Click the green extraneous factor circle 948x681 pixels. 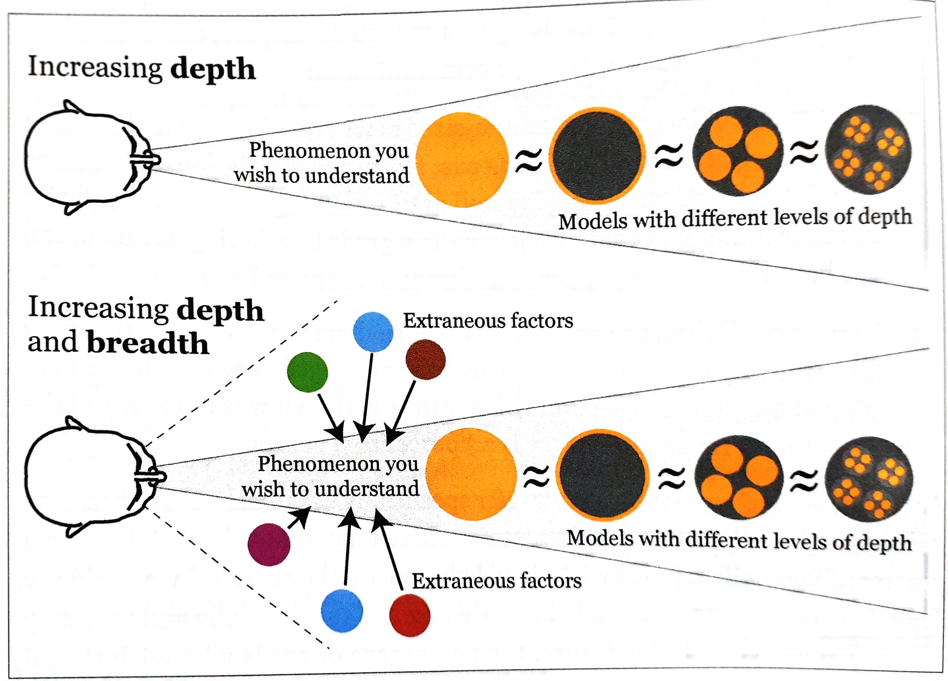click(x=307, y=372)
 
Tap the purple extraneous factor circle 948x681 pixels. click(x=269, y=544)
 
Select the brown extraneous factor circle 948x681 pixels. click(x=426, y=360)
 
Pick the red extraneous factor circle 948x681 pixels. click(x=410, y=615)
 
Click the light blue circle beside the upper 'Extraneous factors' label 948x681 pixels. click(x=373, y=332)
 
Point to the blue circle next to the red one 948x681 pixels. click(x=342, y=611)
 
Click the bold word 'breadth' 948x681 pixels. click(x=147, y=344)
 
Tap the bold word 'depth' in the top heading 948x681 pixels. click(x=213, y=69)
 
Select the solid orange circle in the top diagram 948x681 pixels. click(x=462, y=160)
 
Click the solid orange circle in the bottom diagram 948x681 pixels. click(x=471, y=474)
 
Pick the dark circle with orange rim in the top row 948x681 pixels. click(x=597, y=155)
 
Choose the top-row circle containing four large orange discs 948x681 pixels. click(x=738, y=151)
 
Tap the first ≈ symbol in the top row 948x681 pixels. click(x=529, y=161)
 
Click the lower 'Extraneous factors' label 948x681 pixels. click(x=496, y=581)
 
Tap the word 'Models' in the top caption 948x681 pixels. click(x=593, y=221)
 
